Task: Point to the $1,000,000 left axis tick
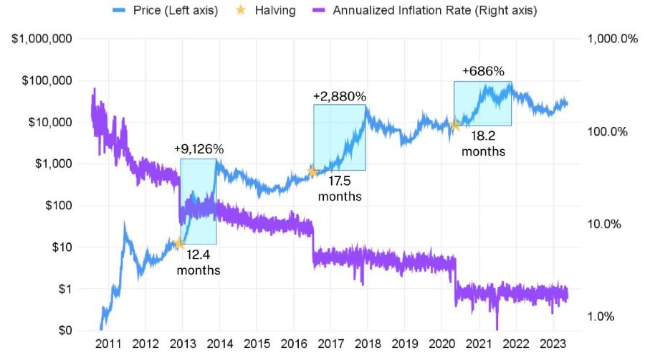point(42,39)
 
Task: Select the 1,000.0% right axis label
point(611,39)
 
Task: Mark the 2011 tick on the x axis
point(107,344)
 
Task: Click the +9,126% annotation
point(199,149)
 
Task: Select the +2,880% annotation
point(340,95)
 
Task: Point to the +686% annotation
point(483,72)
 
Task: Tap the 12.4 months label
point(199,262)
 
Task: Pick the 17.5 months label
point(340,189)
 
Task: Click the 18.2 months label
point(483,143)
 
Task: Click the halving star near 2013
point(178,244)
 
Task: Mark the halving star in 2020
point(454,125)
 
